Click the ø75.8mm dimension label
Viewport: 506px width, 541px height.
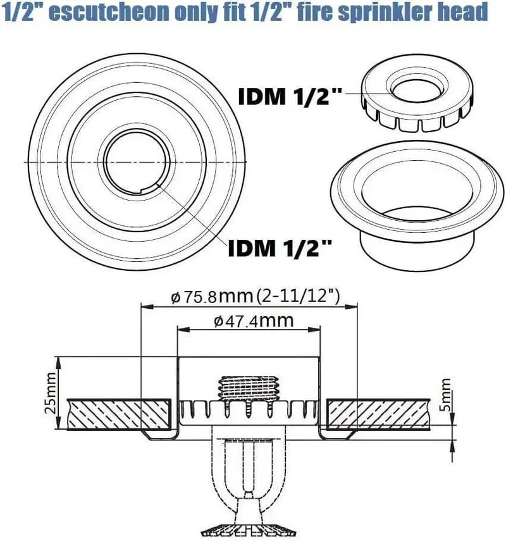coord(212,296)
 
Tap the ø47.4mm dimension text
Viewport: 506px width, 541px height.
coord(254,321)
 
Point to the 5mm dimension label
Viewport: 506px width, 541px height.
coord(445,394)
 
